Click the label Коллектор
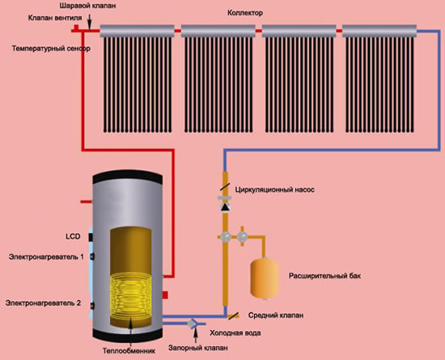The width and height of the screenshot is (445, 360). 245,13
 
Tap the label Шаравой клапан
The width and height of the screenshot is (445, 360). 87,6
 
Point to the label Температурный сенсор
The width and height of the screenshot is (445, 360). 51,49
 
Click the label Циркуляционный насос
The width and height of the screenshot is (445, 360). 275,189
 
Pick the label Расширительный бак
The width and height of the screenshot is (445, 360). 324,276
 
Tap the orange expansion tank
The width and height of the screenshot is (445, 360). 265,278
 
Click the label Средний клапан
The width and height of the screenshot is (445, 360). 276,316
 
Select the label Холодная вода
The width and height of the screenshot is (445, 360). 235,332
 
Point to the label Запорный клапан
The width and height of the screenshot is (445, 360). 197,348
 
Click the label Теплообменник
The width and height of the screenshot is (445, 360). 129,351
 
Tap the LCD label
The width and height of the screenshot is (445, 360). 73,236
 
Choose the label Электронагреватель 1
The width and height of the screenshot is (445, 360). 47,257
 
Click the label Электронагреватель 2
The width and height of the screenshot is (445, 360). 43,303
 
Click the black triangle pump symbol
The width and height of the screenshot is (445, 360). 226,207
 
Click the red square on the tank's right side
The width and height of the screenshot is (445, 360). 165,295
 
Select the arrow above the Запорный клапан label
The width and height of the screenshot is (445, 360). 195,335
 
